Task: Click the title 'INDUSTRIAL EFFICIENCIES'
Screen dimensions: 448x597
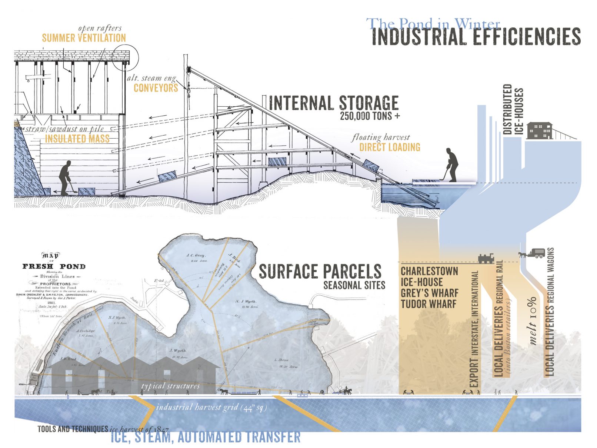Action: coord(476,37)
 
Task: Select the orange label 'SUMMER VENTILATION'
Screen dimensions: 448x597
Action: coord(84,38)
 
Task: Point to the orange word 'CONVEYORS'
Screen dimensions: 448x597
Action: coord(156,88)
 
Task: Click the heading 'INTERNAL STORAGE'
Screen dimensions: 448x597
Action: coord(334,103)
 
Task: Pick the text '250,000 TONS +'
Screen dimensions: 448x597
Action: coord(370,116)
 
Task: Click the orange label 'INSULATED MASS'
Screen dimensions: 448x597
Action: coord(77,139)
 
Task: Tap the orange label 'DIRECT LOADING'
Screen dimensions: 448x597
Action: coord(390,147)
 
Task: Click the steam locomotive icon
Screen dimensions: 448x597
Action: coord(486,258)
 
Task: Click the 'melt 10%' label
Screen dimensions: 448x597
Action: coord(532,321)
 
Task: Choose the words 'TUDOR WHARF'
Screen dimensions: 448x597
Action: coord(428,304)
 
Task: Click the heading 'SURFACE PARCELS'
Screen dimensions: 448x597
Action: coord(320,272)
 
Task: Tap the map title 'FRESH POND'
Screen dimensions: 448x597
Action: coord(54,266)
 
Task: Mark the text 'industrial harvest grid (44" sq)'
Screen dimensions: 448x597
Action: coord(211,407)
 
